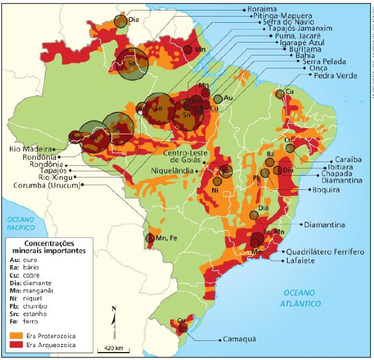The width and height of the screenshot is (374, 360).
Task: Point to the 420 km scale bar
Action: coord(112,350)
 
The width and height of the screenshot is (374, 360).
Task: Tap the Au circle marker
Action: coord(218,99)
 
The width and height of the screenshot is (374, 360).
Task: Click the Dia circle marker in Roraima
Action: coord(120,20)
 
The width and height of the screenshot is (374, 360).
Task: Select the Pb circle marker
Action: coord(264,173)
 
